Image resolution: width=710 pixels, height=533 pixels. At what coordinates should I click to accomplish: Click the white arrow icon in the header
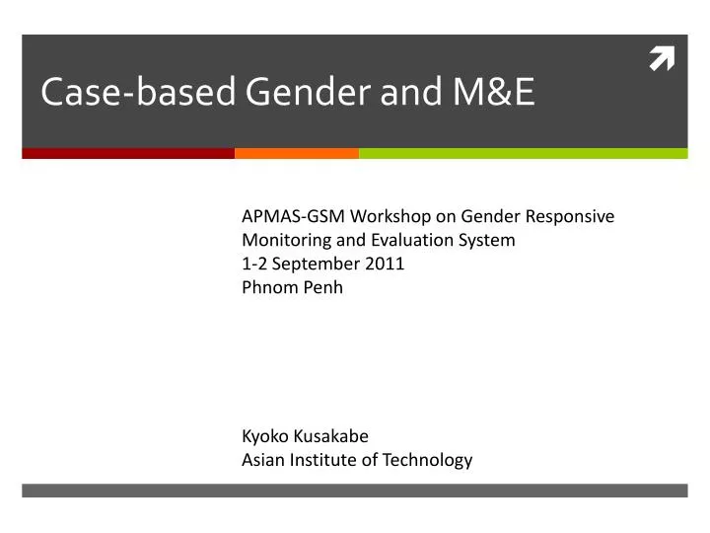pos(661,60)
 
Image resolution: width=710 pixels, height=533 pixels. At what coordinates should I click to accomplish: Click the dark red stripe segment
pos(128,153)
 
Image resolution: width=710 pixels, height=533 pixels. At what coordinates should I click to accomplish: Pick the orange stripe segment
pos(297,153)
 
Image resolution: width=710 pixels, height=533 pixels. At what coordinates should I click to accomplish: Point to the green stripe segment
pos(523,153)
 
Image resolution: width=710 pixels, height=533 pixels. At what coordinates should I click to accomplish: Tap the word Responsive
pos(570,216)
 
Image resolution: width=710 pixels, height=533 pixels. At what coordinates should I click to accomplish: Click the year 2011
pos(386,264)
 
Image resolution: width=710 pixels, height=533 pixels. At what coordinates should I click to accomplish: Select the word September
pos(321,264)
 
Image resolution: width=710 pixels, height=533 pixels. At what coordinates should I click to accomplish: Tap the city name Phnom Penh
pos(292,287)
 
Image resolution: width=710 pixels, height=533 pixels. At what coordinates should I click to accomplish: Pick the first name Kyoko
pos(264,435)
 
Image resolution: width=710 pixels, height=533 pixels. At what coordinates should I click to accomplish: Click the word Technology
pos(428,459)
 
